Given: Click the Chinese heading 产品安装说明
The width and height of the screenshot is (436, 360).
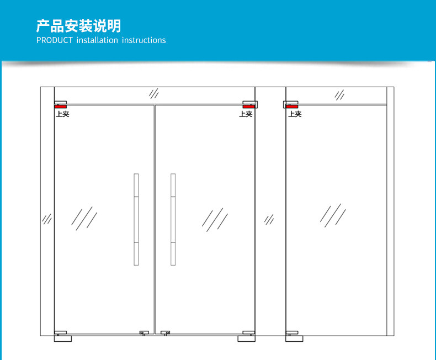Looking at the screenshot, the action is point(78,26).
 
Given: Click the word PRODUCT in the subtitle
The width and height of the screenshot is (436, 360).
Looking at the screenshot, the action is point(54,40).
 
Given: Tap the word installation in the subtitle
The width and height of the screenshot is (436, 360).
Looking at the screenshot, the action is point(97,40).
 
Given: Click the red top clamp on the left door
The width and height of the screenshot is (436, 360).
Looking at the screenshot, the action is point(61,106).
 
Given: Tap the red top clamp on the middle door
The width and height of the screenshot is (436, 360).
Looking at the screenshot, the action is point(248,106).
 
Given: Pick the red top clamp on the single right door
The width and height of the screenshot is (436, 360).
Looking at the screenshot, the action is point(291,106).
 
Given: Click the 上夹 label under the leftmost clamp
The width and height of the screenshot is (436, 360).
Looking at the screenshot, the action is point(62,114).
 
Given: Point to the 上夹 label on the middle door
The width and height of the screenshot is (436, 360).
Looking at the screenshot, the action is point(246,114).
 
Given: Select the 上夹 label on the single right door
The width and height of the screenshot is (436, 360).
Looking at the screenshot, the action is point(295,114).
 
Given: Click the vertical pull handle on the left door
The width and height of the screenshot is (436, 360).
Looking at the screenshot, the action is point(136,219).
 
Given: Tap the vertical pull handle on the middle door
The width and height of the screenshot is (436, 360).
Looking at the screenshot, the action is point(173,219).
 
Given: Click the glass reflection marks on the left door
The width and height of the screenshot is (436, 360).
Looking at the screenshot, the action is point(84,219).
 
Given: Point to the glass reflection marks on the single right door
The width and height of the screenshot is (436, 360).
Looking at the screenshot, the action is point(333,215).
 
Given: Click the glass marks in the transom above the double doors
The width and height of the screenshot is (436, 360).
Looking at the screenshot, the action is point(155,93).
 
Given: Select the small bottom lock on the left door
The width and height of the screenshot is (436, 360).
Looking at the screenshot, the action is point(144,333).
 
